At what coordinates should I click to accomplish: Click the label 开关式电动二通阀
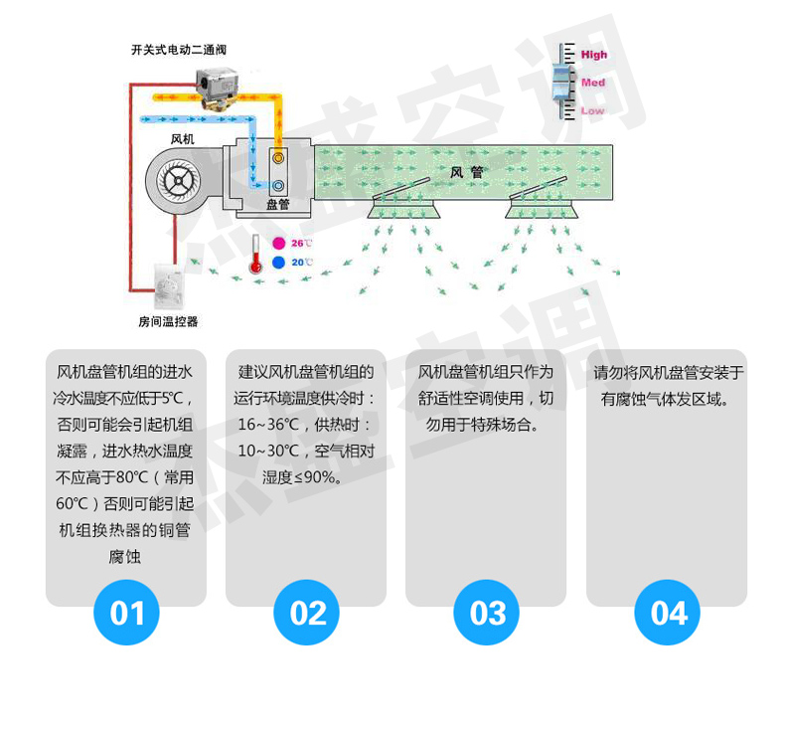(172, 49)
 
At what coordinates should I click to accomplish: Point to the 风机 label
(183, 138)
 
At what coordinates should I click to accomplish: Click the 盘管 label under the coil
(278, 204)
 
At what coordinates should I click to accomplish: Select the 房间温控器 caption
(168, 321)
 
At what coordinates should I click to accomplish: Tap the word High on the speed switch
(594, 56)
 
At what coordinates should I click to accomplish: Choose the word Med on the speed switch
(593, 83)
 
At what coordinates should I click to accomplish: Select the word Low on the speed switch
(592, 110)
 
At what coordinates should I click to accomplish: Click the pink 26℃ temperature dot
(279, 243)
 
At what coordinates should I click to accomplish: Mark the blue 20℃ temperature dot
(279, 263)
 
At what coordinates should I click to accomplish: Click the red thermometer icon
(256, 255)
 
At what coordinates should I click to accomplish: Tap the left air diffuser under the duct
(405, 205)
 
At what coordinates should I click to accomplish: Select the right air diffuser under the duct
(545, 204)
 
